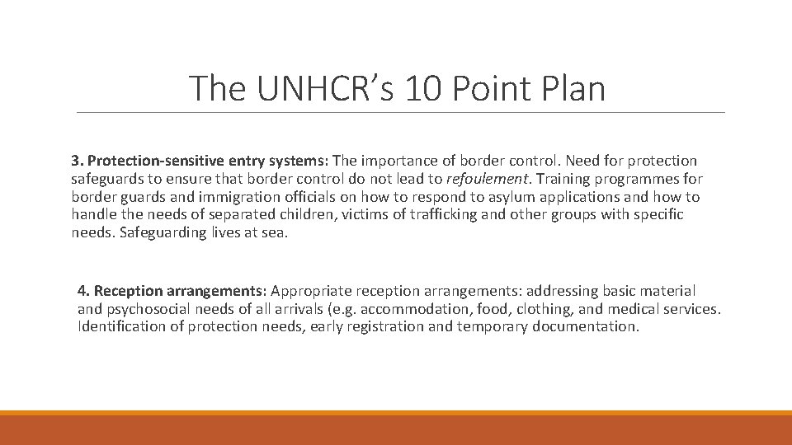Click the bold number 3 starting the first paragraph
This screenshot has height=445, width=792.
[74, 161]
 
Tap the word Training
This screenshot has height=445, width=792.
[561, 179]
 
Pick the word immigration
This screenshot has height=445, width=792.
[228, 197]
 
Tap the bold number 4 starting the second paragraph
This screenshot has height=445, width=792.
[82, 291]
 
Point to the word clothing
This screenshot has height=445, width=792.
[577, 309]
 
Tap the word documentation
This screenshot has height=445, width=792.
[584, 327]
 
